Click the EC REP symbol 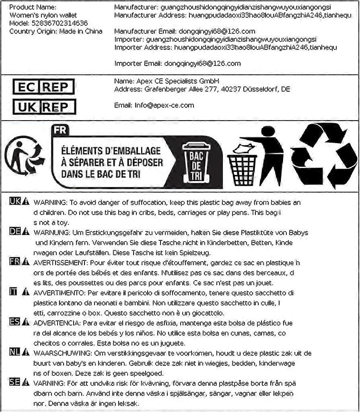tap(43, 87)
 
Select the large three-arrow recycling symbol tap(324, 156)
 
